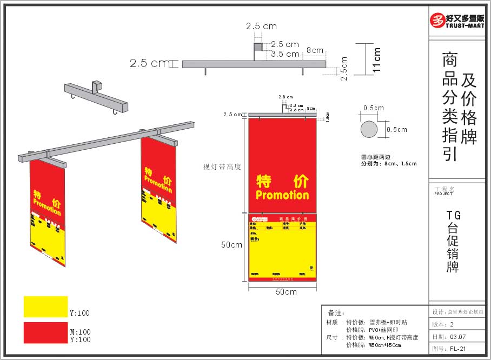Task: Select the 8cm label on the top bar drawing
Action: [x=315, y=50]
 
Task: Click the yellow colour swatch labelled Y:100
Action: [x=45, y=306]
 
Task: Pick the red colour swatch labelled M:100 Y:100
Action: [x=45, y=332]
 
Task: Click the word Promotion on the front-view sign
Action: [x=282, y=195]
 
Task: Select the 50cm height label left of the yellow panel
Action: [x=231, y=245]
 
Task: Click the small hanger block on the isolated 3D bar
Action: [x=97, y=86]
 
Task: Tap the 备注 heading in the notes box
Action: [x=336, y=313]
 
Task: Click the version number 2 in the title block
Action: [x=452, y=324]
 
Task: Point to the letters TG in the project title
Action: [x=453, y=215]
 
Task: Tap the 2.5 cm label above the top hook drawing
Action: [x=261, y=26]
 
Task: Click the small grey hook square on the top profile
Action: [x=259, y=47]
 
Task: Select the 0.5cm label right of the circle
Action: [x=396, y=130]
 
